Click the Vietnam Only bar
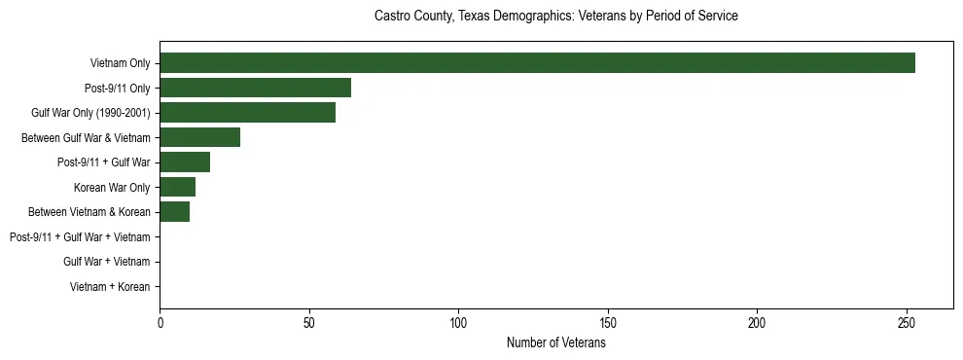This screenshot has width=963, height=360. click(x=537, y=63)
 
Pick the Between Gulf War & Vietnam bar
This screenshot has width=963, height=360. click(x=199, y=137)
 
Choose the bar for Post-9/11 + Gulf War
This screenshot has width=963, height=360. click(x=185, y=162)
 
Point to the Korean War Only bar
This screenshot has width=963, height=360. click(x=177, y=187)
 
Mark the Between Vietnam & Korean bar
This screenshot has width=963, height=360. click(x=174, y=212)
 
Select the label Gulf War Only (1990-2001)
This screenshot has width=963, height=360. click(x=90, y=113)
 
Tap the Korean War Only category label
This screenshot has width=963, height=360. click(x=112, y=187)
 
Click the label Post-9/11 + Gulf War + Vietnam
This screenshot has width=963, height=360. click(x=80, y=236)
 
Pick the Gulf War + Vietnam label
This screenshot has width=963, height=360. click(x=107, y=262)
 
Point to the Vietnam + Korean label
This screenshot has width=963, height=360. click(x=110, y=286)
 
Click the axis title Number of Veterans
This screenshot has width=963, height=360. click(x=555, y=342)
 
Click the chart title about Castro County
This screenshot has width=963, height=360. click(x=555, y=17)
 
